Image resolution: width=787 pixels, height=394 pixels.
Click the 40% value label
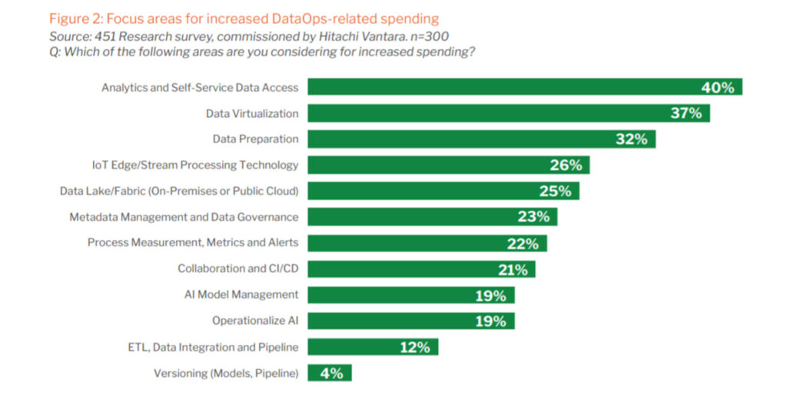718,88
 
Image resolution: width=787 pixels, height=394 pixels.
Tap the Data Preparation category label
255,139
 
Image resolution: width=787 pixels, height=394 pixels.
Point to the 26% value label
569,165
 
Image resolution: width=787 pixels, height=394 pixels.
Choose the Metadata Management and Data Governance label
184,217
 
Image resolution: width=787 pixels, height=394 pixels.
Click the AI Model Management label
241,295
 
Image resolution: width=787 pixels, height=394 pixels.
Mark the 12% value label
415,347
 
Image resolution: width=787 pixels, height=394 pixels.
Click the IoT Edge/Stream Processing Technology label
194,165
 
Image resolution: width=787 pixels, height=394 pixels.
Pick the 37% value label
686,113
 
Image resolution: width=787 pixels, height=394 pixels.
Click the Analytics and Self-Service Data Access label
200,88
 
